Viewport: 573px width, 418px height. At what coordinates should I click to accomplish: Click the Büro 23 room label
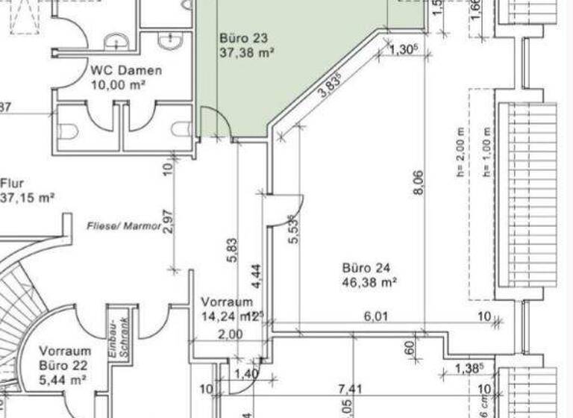coord(243,37)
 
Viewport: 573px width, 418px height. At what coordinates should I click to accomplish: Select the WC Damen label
coord(126,70)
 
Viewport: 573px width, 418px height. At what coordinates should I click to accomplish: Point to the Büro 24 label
coord(366,267)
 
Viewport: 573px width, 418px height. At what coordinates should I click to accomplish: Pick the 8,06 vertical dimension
coord(418,184)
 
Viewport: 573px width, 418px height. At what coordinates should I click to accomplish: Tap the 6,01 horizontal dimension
coord(375,317)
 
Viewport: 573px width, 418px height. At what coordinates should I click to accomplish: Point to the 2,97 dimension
coord(167,221)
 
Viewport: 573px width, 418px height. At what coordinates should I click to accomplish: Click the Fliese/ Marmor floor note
coord(124,225)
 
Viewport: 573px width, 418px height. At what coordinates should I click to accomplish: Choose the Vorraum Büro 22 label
coord(65,358)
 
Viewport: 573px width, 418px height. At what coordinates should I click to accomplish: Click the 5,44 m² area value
coord(64,380)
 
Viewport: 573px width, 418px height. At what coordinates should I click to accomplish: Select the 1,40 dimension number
coord(246,373)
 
